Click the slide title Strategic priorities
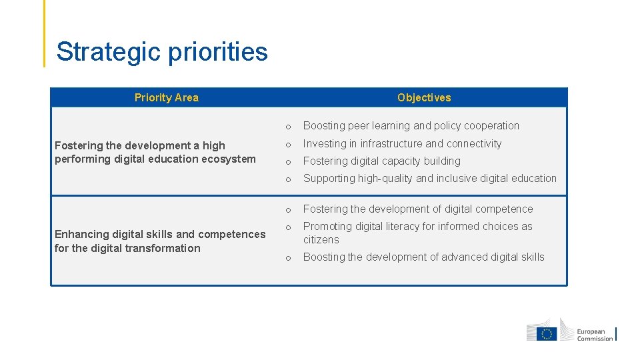162,52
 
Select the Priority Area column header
166,97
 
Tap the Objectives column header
424,97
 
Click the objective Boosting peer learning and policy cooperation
411,125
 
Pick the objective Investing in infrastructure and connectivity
402,143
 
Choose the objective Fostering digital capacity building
381,161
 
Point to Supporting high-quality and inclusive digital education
429,178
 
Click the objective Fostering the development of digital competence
418,209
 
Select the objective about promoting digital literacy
417,227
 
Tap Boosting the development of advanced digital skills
423,257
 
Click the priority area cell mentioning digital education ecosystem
155,152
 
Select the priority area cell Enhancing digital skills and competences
159,241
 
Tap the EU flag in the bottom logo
547,334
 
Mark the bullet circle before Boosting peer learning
288,127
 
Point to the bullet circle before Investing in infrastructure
288,145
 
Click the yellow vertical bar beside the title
45,33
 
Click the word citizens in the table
321,239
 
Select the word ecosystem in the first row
229,159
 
